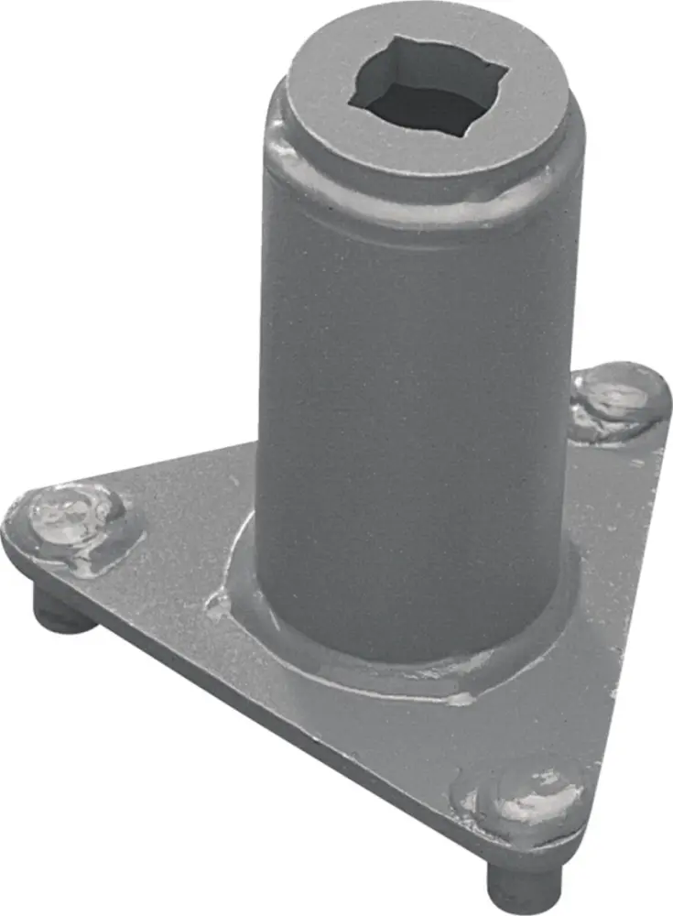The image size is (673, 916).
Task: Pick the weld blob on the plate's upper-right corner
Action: point(615,398)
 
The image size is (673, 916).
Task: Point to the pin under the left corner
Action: point(60,609)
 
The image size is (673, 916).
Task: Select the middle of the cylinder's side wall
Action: point(412,412)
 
